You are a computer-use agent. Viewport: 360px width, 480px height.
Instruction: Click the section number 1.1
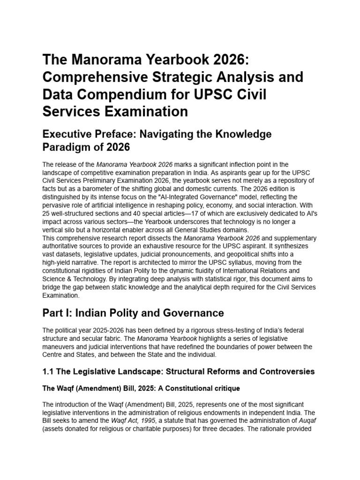click(x=48, y=371)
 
